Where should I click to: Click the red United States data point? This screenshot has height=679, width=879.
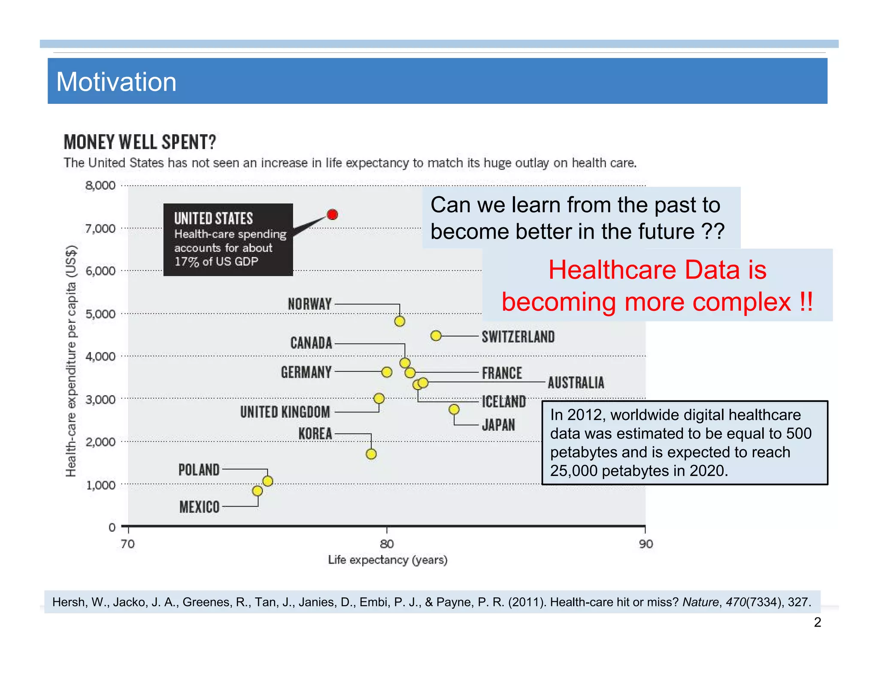(332, 214)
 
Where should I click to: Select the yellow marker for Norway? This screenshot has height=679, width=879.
(400, 321)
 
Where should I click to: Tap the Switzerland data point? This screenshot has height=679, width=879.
(436, 336)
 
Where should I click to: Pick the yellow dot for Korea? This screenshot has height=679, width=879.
(371, 454)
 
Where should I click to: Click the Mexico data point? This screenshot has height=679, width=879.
(258, 491)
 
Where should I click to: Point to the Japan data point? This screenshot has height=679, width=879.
(454, 409)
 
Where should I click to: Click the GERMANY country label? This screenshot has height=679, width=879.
(306, 372)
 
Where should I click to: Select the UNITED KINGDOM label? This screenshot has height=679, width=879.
(285, 412)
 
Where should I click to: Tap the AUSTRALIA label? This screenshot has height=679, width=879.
(576, 382)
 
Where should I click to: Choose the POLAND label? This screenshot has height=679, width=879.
(199, 470)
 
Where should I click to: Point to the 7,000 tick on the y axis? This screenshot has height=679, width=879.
(100, 228)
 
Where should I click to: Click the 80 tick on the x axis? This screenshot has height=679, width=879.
(387, 544)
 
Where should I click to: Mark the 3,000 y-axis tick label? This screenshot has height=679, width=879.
(100, 400)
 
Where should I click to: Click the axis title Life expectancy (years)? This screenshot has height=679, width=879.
(388, 560)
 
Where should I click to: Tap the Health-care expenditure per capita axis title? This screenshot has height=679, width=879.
(71, 361)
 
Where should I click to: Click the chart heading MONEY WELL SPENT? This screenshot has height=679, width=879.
(140, 142)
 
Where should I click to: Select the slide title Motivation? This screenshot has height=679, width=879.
(116, 82)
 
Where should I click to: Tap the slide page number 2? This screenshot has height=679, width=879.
(817, 622)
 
